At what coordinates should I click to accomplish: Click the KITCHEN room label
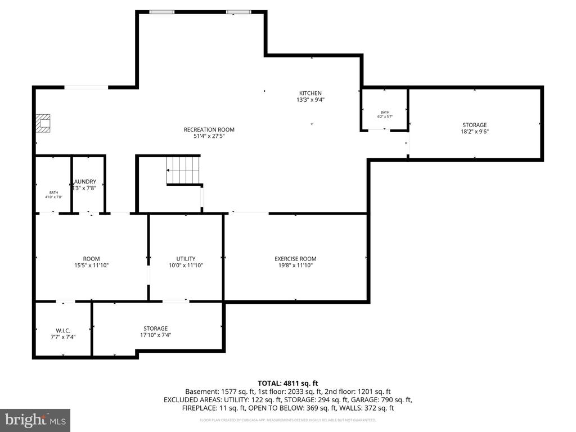point(310,93)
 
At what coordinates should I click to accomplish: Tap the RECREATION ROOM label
point(209,130)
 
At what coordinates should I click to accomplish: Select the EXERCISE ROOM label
point(295,259)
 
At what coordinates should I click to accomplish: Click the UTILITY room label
point(186,259)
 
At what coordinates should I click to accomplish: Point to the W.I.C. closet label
point(62,330)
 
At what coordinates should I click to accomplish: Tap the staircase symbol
point(183,170)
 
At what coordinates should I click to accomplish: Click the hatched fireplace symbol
point(43,123)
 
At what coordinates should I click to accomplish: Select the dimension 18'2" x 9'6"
point(474,132)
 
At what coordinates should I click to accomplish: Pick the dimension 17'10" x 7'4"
point(155,335)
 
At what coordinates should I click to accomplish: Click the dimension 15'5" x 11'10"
point(91,265)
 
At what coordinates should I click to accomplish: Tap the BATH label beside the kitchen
point(385,112)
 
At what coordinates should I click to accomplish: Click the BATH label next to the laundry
point(53,192)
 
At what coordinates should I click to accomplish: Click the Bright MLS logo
point(35,420)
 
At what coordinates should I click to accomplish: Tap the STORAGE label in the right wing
point(474,125)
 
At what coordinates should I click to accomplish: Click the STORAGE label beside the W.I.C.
point(155,328)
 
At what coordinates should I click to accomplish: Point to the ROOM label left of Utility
point(91,259)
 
